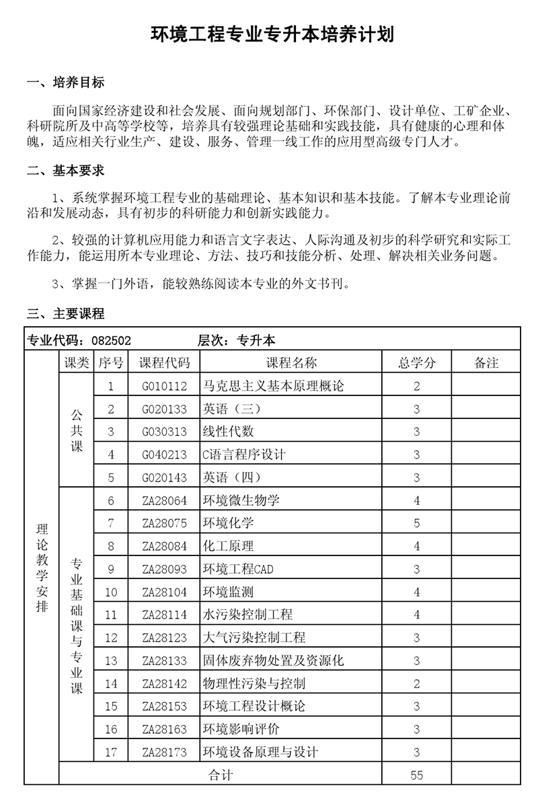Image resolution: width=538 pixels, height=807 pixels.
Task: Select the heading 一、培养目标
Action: tap(65, 83)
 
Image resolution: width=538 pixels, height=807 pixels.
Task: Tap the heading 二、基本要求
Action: tap(65, 171)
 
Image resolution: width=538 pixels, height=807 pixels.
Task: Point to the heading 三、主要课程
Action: tap(65, 313)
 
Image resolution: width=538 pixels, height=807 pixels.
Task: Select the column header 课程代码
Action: tap(164, 363)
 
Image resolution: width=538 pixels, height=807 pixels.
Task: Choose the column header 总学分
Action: tap(417, 363)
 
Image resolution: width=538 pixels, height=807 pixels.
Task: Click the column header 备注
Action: tap(486, 363)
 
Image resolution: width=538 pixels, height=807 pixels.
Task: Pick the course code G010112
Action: tap(164, 386)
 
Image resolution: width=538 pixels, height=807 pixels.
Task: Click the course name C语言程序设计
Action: tap(244, 455)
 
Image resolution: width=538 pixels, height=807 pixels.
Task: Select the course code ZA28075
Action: tap(164, 523)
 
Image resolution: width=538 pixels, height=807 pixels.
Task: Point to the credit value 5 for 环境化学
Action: tap(417, 523)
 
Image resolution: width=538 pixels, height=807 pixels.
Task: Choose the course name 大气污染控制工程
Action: tap(254, 638)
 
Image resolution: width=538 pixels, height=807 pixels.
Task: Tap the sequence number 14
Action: tap(111, 683)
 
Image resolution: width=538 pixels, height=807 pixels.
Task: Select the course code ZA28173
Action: tap(164, 752)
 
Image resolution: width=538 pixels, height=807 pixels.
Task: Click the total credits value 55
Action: tap(417, 775)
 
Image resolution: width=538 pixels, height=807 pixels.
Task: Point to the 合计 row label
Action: tap(221, 775)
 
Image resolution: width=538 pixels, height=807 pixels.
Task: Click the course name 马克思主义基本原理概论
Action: tap(273, 386)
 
